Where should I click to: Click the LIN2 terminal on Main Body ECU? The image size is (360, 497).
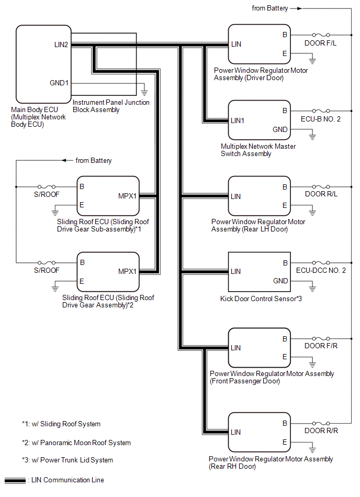[61, 45]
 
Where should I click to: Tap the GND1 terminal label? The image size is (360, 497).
[59, 83]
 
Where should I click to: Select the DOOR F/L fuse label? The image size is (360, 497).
[320, 43]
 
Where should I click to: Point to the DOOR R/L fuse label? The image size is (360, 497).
[320, 195]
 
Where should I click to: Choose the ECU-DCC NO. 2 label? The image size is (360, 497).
[321, 271]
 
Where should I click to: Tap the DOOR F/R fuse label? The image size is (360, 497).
[320, 347]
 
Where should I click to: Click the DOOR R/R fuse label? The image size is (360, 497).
[320, 431]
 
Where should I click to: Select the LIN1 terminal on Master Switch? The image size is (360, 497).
[238, 120]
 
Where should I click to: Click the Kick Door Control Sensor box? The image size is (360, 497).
[260, 272]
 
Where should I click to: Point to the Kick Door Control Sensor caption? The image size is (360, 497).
[261, 299]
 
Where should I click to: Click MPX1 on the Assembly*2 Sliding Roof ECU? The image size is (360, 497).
[128, 271]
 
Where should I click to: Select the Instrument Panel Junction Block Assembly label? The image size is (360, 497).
[110, 106]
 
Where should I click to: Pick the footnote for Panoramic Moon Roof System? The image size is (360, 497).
[76, 443]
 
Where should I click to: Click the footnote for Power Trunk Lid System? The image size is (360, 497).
[67, 460]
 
